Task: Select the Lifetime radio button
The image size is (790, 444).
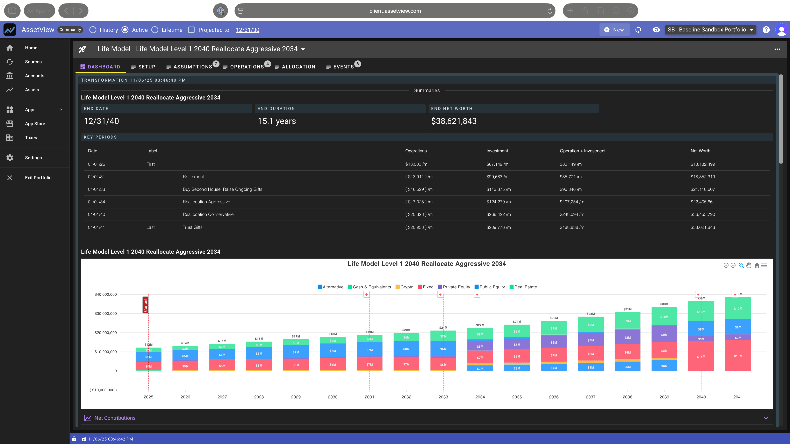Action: click(155, 30)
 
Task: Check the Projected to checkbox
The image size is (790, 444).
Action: click(191, 30)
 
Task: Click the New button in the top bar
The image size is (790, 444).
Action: click(614, 30)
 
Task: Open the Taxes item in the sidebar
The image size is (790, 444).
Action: click(31, 138)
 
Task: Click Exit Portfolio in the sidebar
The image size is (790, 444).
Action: click(38, 178)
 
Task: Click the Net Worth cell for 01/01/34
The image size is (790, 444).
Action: click(702, 202)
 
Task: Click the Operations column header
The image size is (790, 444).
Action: click(416, 151)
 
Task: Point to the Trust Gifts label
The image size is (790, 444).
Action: click(192, 227)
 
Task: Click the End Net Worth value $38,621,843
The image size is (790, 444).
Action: click(454, 121)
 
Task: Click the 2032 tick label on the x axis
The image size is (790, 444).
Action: click(406, 397)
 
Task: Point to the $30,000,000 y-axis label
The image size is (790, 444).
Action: click(106, 313)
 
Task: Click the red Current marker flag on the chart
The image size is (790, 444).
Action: click(145, 305)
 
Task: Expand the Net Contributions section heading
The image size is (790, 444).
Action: click(115, 418)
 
